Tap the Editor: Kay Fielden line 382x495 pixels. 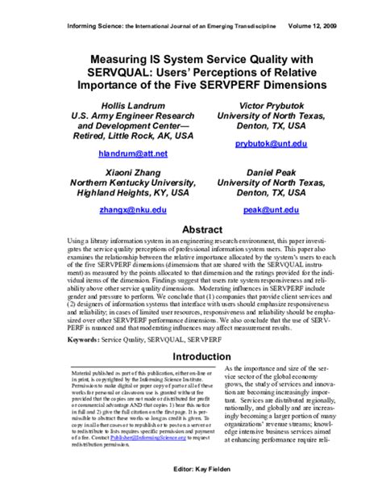(x=191, y=469)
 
